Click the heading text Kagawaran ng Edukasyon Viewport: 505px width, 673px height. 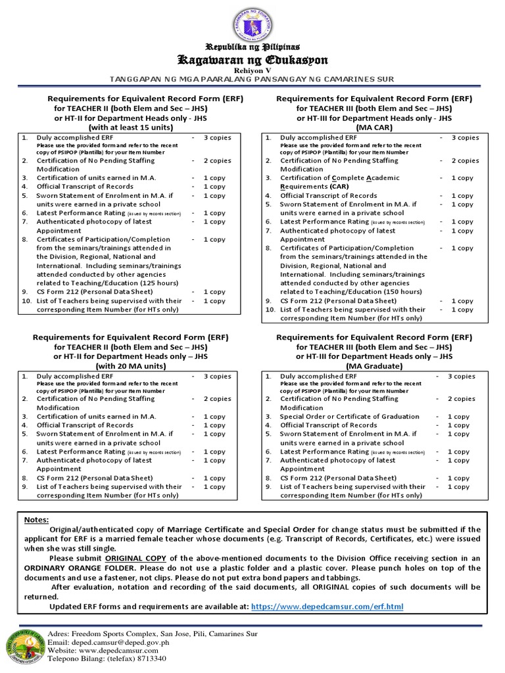tap(253, 60)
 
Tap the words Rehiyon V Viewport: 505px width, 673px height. tap(253, 71)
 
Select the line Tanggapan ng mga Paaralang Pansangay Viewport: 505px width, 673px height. tap(253, 80)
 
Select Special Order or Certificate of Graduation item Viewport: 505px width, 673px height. tap(350, 417)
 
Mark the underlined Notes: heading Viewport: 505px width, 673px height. tap(37, 519)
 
